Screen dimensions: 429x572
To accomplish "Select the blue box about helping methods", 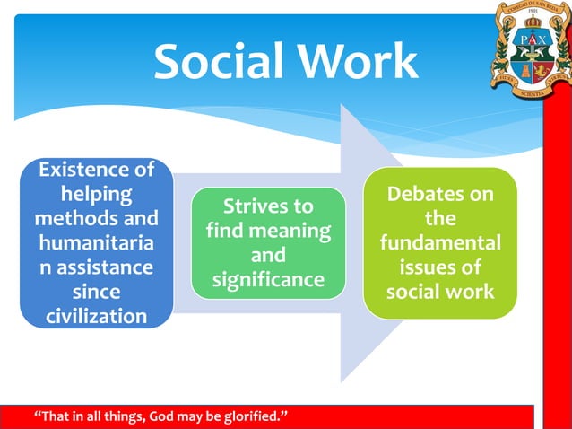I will point(96,243).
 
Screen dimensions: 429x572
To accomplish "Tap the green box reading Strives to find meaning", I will point(268,243).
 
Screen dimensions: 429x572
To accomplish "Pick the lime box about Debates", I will point(440,243).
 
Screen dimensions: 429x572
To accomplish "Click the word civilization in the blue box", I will point(96,317).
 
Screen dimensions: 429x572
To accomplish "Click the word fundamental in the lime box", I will point(440,244).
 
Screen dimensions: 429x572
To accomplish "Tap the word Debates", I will point(440,195).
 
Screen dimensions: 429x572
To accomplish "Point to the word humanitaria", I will point(96,243).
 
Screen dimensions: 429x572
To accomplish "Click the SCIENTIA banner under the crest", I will point(532,92).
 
